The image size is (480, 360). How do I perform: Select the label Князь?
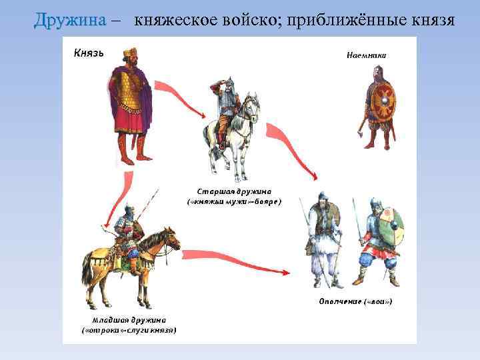[88, 53]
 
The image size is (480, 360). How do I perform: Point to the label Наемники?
[366, 55]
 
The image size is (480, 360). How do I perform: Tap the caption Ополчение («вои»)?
[357, 302]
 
